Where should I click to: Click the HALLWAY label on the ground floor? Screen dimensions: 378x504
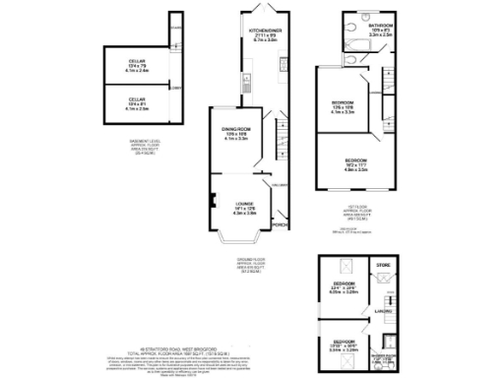point(279,185)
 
